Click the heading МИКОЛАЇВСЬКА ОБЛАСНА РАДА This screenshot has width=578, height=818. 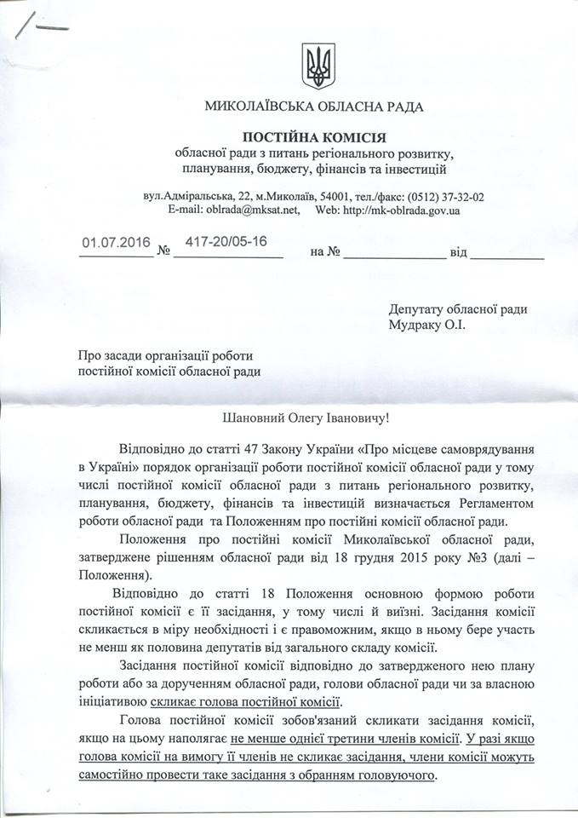click(x=314, y=107)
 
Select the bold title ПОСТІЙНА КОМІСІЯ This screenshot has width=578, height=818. click(x=314, y=136)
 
